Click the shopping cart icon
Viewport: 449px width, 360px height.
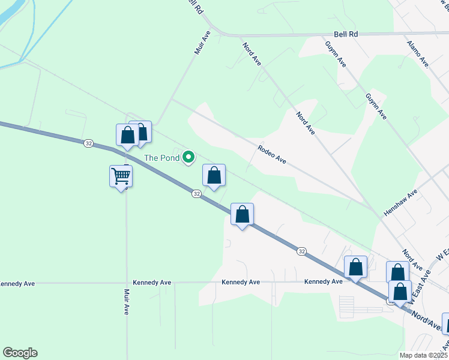[x=121, y=176]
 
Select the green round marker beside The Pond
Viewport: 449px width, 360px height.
[x=188, y=157]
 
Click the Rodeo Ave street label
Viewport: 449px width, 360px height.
[x=272, y=154]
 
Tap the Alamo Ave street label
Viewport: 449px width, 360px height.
[x=417, y=53]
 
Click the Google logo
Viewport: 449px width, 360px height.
[x=20, y=353]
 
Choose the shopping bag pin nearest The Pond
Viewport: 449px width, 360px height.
[x=214, y=176]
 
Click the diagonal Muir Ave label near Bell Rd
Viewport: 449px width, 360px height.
[x=201, y=44]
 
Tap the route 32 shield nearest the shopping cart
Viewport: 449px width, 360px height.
[x=89, y=143]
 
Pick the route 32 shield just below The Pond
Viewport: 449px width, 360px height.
[x=196, y=193]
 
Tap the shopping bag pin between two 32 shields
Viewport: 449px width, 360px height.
[x=243, y=215]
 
